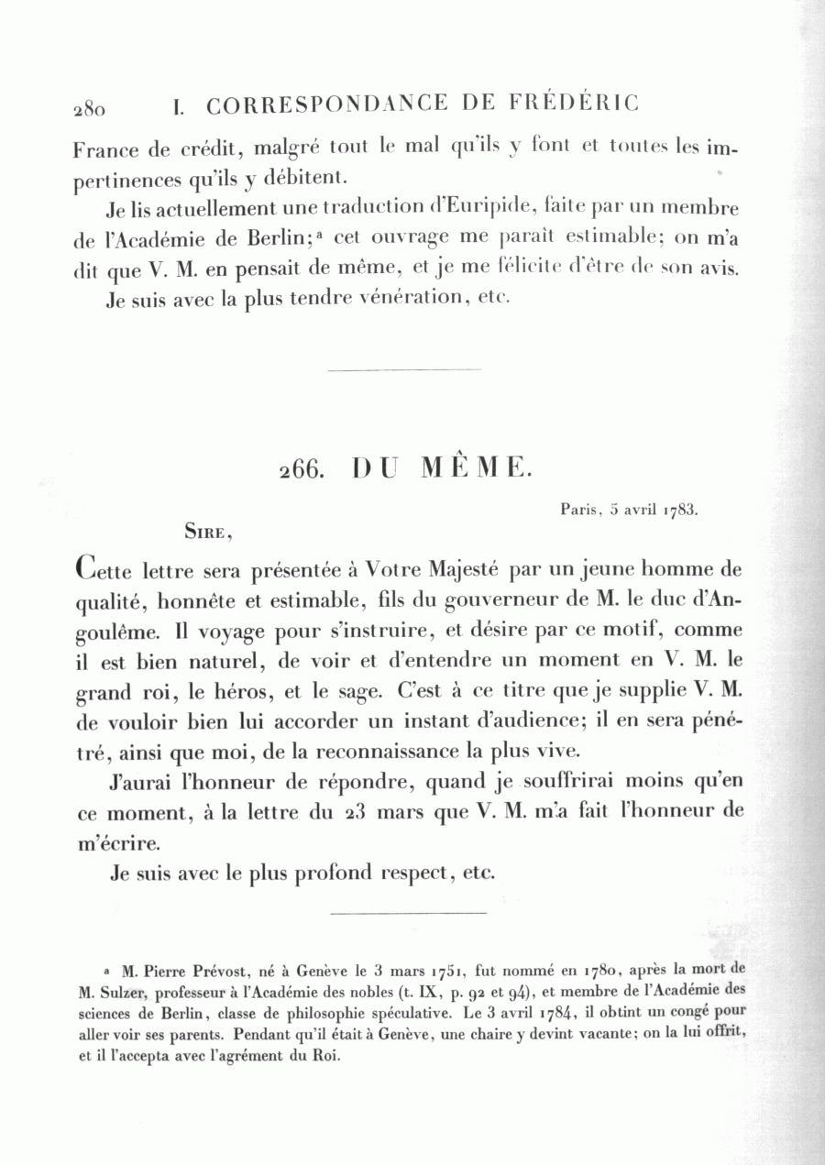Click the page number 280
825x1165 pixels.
91,109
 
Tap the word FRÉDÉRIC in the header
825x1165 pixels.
574,104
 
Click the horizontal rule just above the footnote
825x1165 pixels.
407,913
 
